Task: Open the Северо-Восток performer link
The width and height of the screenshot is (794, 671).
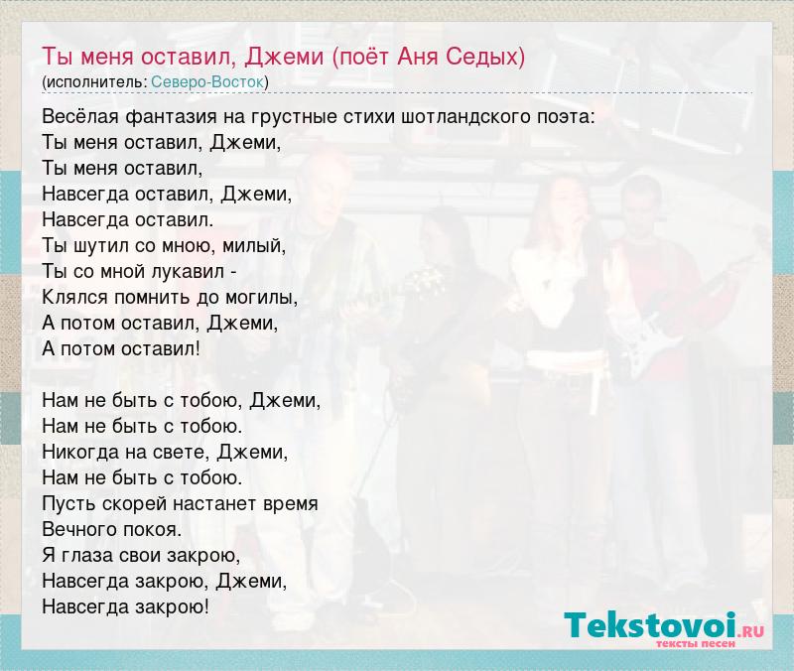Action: coord(207,82)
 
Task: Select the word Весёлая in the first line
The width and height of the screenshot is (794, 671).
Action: coord(80,117)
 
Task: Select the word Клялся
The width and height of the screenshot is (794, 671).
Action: coord(75,298)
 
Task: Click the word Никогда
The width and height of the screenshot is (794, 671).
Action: coord(80,452)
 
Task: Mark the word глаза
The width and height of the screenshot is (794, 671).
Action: coord(87,556)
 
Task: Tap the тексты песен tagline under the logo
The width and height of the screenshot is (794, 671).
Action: coord(696,643)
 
